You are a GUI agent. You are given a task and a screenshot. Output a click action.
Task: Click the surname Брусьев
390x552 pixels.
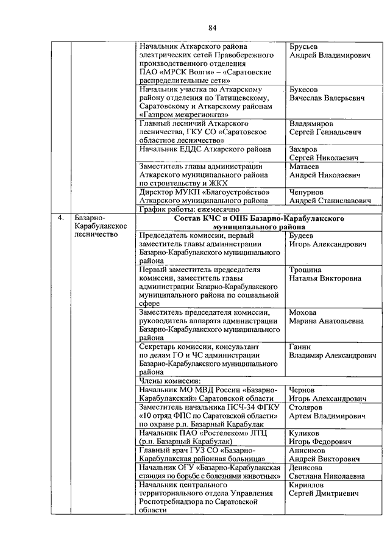pyautogui.click(x=305, y=46)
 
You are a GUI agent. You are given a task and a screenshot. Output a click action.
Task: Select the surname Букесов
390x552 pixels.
pyautogui.click(x=305, y=89)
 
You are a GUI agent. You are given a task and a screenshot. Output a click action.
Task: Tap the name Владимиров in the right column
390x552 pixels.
pyautogui.click(x=311, y=123)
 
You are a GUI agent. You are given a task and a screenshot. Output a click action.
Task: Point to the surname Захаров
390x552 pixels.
pyautogui.click(x=305, y=149)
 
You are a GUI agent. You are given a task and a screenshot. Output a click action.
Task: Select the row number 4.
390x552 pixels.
pyautogui.click(x=60, y=217)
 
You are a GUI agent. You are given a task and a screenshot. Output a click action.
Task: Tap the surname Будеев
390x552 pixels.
pyautogui.click(x=302, y=235)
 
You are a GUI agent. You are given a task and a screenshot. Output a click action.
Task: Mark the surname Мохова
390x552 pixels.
pyautogui.click(x=303, y=312)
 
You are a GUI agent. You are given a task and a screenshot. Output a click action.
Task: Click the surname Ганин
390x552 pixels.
pyautogui.click(x=300, y=346)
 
